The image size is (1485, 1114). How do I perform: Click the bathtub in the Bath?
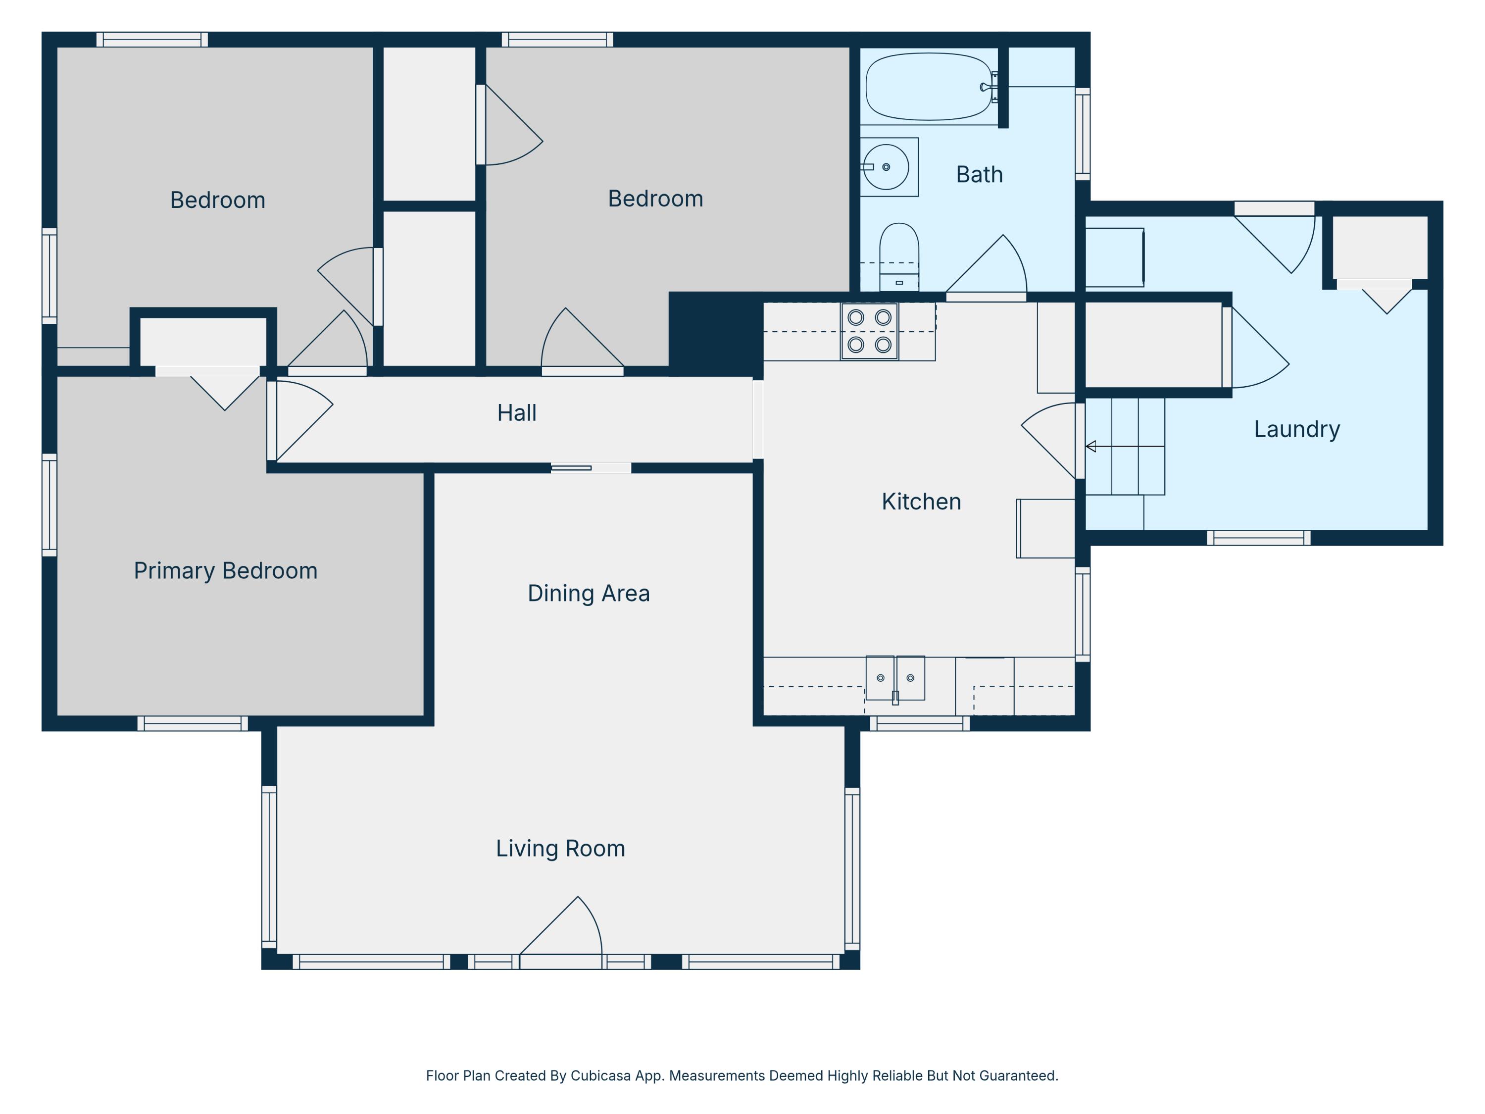click(x=929, y=87)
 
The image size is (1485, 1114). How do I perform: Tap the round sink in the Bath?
click(x=886, y=166)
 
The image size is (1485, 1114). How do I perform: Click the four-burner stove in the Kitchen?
click(x=869, y=331)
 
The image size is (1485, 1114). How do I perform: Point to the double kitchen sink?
click(x=895, y=679)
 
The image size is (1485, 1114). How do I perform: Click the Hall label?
click(x=516, y=413)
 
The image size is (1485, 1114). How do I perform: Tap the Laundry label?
click(x=1296, y=429)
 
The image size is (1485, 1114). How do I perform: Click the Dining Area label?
click(x=588, y=594)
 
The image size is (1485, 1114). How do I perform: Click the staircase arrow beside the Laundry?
click(x=1091, y=447)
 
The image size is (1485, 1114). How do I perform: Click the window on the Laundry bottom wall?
click(x=1259, y=538)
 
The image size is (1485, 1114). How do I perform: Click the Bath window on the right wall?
click(x=1082, y=134)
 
